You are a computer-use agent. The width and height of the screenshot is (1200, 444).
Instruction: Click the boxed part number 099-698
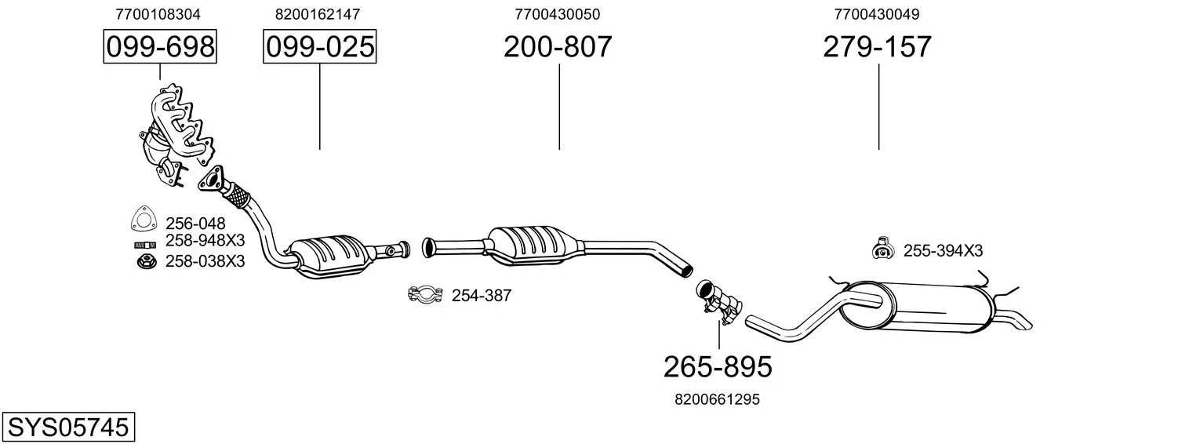click(160, 46)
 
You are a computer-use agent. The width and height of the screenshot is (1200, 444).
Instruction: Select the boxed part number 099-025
click(320, 46)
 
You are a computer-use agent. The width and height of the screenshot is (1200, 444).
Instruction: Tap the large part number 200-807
click(558, 46)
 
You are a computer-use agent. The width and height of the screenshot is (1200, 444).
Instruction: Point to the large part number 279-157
click(878, 46)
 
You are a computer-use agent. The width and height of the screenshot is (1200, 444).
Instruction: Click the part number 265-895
click(718, 367)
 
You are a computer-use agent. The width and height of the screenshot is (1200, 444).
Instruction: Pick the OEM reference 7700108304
click(158, 14)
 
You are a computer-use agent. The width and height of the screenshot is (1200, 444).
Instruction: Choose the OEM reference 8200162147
click(318, 14)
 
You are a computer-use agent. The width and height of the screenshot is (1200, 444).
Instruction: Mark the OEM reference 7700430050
click(558, 14)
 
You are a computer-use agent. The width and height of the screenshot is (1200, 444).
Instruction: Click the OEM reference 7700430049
click(877, 14)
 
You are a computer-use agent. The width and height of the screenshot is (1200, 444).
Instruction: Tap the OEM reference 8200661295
click(718, 399)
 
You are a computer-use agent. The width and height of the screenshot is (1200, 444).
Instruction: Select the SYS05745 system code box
click(68, 427)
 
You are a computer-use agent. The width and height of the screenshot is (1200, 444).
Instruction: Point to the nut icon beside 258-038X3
click(146, 262)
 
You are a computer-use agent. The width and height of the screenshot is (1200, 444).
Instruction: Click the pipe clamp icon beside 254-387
click(425, 294)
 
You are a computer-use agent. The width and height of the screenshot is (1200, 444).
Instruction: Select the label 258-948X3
click(205, 240)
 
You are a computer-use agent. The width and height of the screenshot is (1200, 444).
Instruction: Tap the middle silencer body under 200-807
click(533, 246)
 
